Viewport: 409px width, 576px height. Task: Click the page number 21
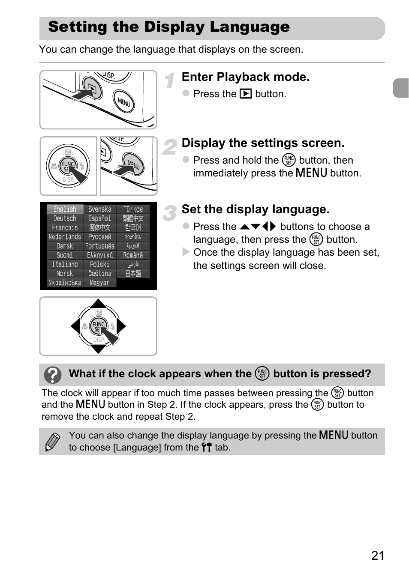pyautogui.click(x=378, y=555)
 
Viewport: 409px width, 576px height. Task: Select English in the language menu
pyautogui.click(x=65, y=209)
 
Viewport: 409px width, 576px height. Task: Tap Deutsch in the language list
pyautogui.click(x=65, y=218)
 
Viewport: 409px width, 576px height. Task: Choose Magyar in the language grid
pyautogui.click(x=99, y=283)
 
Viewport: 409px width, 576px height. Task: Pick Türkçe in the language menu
pyautogui.click(x=133, y=209)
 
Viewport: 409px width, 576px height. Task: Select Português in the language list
pyautogui.click(x=99, y=246)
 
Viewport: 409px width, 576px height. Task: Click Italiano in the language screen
pyautogui.click(x=65, y=264)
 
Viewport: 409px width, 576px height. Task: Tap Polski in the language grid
pyautogui.click(x=99, y=264)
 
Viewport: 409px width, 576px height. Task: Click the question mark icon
pyautogui.click(x=53, y=375)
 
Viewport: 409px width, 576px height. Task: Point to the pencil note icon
pyautogui.click(x=52, y=442)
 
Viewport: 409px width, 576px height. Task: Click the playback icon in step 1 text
pyautogui.click(x=246, y=94)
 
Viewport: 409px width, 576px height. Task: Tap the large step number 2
pyautogui.click(x=170, y=147)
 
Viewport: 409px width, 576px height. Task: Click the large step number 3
pyautogui.click(x=170, y=213)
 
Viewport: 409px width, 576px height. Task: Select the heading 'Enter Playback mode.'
pyautogui.click(x=245, y=77)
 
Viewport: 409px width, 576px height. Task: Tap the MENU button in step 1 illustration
pyautogui.click(x=123, y=102)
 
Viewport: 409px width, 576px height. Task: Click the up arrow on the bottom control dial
pyautogui.click(x=99, y=303)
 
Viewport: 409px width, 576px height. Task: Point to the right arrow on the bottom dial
pyautogui.click(x=121, y=326)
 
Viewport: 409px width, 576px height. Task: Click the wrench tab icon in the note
pyautogui.click(x=207, y=448)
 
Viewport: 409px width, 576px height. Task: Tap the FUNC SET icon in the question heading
pyautogui.click(x=262, y=374)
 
